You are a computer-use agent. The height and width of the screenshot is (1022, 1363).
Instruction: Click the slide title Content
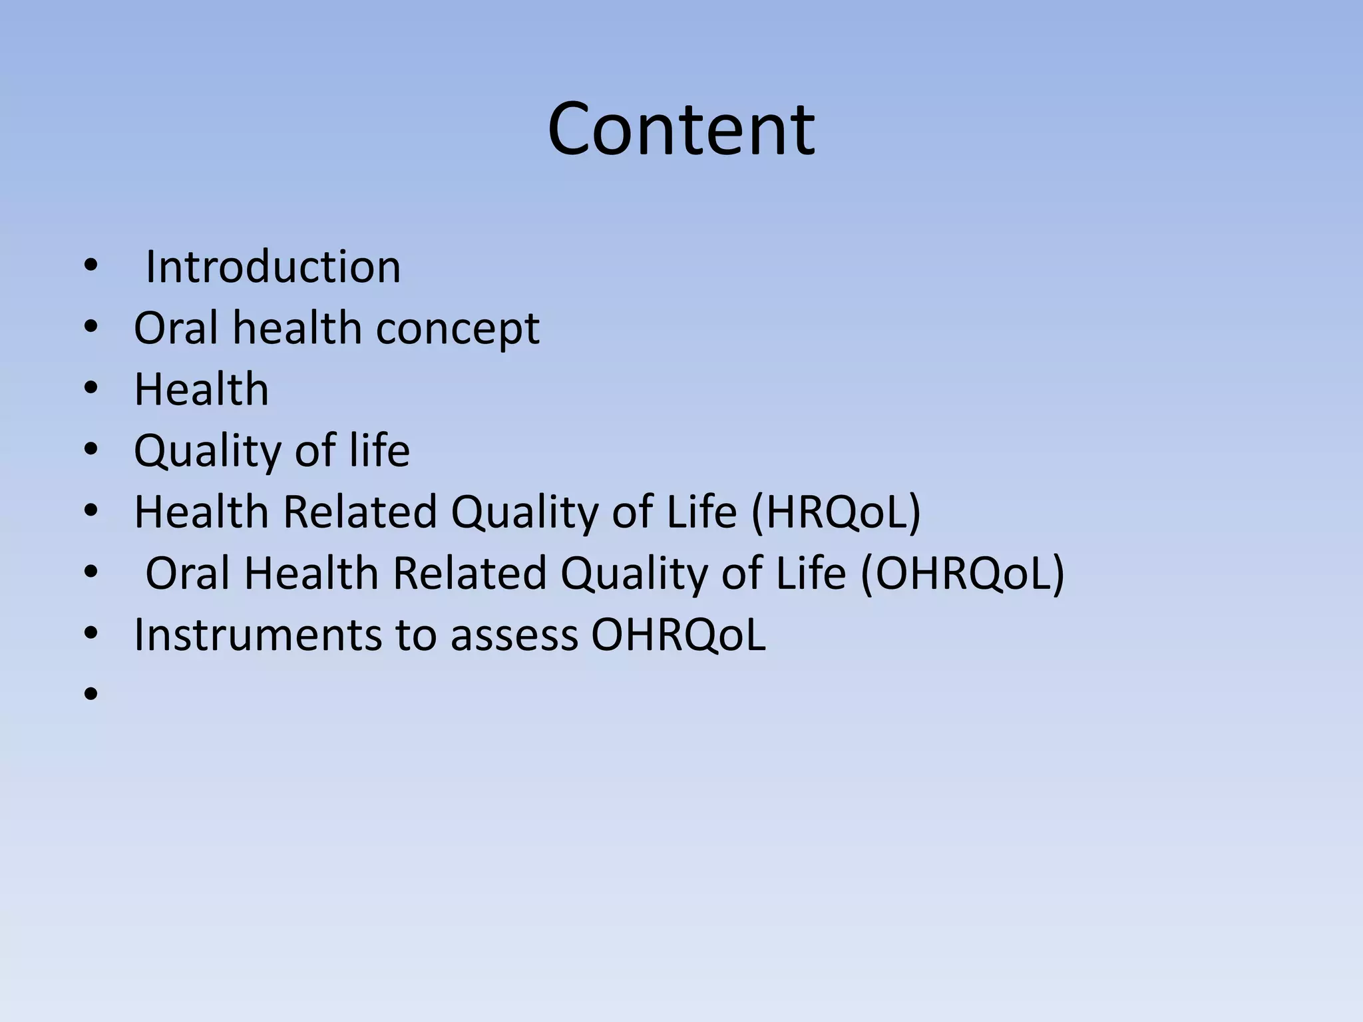tap(681, 129)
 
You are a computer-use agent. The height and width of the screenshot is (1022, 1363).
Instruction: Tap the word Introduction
tap(273, 267)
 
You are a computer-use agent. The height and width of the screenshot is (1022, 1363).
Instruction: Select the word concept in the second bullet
tap(457, 329)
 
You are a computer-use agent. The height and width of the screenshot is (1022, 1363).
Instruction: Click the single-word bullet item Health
tap(202, 389)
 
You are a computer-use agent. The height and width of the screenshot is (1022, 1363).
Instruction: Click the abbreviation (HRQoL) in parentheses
tap(835, 512)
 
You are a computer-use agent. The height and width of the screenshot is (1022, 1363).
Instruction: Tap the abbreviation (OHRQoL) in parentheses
tap(962, 574)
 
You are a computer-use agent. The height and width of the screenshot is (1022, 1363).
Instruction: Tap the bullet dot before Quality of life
tap(91, 450)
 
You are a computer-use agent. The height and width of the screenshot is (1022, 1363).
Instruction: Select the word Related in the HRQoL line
tap(359, 512)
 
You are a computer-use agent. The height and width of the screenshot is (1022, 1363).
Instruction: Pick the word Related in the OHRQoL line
tap(469, 574)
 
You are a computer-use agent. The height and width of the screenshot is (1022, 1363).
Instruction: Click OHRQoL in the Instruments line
tap(678, 635)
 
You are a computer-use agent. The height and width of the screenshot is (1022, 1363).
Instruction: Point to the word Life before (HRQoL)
tap(701, 512)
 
